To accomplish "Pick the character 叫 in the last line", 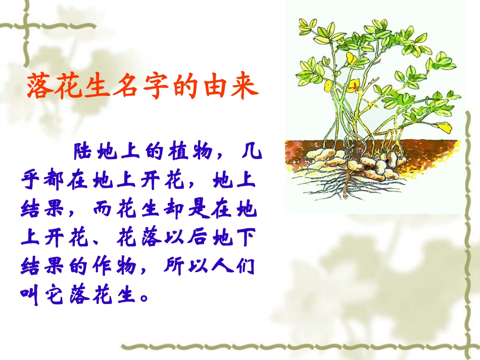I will coord(30,295).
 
